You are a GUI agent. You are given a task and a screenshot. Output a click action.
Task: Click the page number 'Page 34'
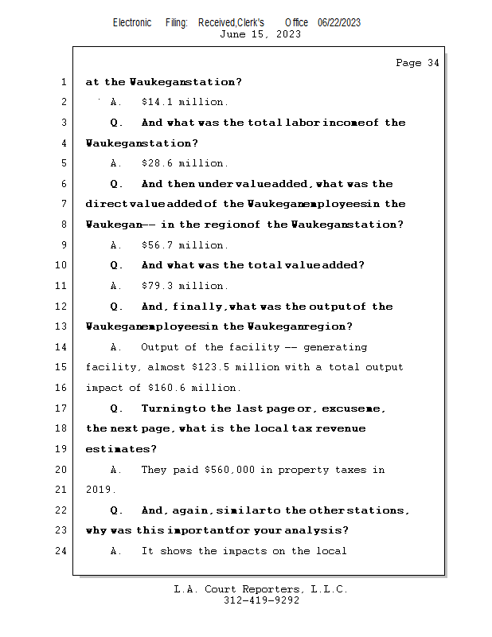417,63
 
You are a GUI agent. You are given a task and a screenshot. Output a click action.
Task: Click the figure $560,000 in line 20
229,470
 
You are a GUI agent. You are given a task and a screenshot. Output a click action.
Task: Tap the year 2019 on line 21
99,490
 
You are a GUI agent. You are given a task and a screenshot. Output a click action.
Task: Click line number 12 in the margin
61,307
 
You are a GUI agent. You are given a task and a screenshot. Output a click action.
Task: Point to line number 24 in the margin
61,552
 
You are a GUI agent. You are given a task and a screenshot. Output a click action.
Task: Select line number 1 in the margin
64,82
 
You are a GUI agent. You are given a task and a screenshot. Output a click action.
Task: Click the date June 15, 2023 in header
260,34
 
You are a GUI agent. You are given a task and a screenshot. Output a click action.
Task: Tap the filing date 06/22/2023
339,22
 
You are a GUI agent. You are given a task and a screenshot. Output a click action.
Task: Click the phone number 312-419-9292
261,601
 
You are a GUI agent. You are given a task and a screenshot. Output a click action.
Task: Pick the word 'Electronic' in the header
132,22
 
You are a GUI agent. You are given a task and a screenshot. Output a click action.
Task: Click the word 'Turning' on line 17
165,408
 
